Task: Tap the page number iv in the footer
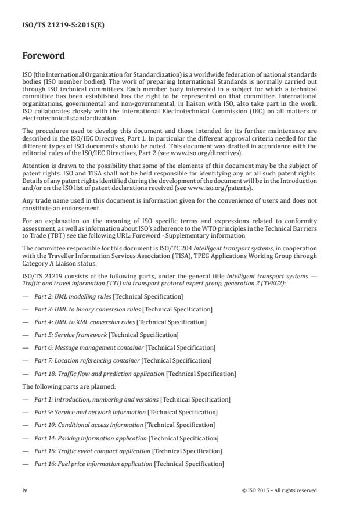coord(24,490)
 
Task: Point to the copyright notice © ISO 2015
coord(279,490)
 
